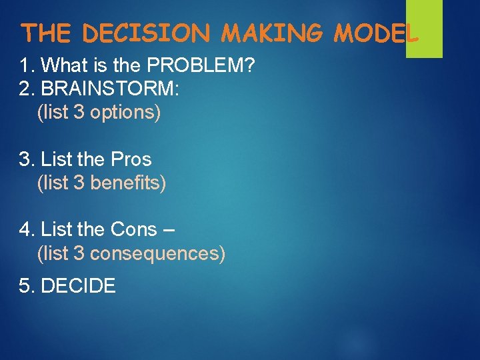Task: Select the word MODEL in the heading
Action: tap(376, 32)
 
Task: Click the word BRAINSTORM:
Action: tap(110, 89)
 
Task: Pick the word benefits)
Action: tap(128, 182)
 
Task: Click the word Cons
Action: tap(133, 230)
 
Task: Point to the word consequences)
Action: tap(157, 253)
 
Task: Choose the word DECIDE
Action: tap(78, 287)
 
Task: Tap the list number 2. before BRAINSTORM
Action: tap(27, 89)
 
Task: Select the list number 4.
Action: tap(27, 230)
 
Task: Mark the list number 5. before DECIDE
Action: tap(27, 287)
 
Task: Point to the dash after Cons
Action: tap(169, 231)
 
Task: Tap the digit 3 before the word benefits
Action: tap(79, 182)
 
